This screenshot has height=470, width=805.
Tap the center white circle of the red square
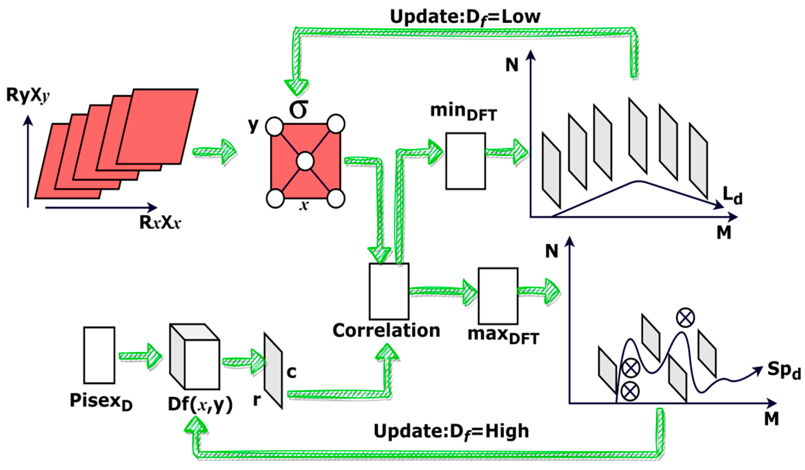[305, 161]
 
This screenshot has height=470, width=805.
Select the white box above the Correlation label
[389, 291]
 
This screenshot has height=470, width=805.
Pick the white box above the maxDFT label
[498, 296]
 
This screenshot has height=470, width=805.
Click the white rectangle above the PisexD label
[99, 355]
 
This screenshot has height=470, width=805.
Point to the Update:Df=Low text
[465, 17]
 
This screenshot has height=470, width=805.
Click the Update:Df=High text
[451, 431]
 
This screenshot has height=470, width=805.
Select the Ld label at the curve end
[732, 195]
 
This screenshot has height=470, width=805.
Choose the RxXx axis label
[160, 223]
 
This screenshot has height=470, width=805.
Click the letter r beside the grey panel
[257, 400]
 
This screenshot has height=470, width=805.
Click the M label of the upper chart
[724, 233]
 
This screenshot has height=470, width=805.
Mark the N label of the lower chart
[552, 251]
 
